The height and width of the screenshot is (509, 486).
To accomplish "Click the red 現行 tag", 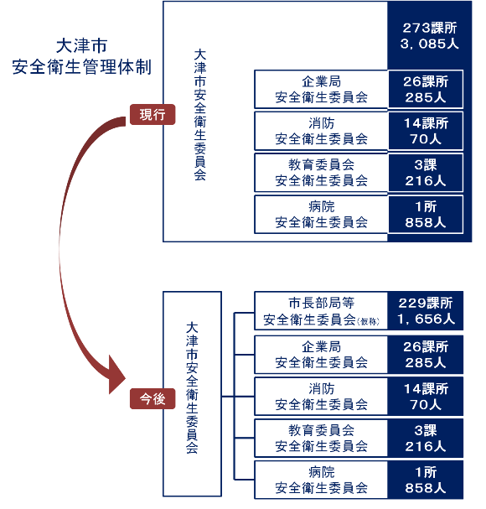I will tap(152, 114).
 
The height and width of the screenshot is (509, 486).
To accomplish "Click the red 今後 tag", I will tap(152, 400).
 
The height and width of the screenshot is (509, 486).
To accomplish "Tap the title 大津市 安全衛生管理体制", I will tap(81, 56).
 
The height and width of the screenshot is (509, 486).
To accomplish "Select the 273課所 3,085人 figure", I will tap(426, 35).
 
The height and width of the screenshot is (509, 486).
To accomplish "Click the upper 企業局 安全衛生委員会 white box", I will tap(321, 89).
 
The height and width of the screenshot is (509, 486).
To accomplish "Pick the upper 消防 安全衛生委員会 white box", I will tap(321, 131).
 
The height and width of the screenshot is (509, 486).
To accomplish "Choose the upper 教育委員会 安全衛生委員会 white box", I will tap(321, 173).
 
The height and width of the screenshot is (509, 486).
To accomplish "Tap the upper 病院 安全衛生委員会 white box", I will tap(321, 214).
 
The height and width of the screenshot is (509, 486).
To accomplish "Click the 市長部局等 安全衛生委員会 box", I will tap(321, 311).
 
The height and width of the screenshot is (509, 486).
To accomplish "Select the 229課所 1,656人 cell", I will tap(426, 311).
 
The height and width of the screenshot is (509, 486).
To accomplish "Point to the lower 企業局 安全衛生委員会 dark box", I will tap(321, 355).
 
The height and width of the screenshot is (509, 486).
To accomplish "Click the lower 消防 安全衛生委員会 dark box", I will tap(321, 397).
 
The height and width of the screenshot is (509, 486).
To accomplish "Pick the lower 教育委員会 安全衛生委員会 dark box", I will tap(321, 439).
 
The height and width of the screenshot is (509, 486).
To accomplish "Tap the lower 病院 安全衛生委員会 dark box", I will tap(321, 480).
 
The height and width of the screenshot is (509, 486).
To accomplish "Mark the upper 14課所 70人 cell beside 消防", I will tap(426, 131).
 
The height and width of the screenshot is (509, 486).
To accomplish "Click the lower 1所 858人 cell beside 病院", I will tap(426, 480).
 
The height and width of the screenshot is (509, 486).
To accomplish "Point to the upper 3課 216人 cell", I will tap(426, 173).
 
